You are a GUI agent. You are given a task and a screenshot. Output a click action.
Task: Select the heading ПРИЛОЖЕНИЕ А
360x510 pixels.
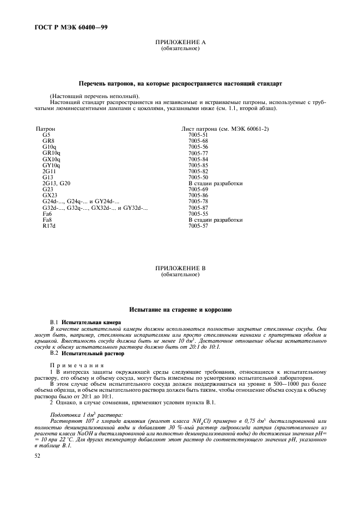[x=180, y=42]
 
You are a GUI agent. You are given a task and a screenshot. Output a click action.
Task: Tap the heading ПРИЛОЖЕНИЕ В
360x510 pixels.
[x=180, y=269]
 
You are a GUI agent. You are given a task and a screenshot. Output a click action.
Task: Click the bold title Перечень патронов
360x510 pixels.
[x=180, y=85]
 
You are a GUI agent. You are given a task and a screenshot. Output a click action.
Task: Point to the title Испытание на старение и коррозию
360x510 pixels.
[x=180, y=309]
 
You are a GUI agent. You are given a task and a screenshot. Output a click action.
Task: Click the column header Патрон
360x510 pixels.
[x=45, y=129]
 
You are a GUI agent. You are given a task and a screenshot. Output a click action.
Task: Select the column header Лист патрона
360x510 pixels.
[x=225, y=129]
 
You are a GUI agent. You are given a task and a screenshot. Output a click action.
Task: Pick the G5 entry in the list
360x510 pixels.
[x=46, y=135]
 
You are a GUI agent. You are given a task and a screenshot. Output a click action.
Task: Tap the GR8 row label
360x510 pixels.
[x=48, y=141]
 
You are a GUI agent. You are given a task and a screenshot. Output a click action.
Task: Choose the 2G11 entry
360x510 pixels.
[x=49, y=171]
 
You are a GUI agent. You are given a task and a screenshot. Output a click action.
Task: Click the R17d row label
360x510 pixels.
[x=49, y=226]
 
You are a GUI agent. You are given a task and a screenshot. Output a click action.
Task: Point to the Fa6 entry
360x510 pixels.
[x=47, y=214]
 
